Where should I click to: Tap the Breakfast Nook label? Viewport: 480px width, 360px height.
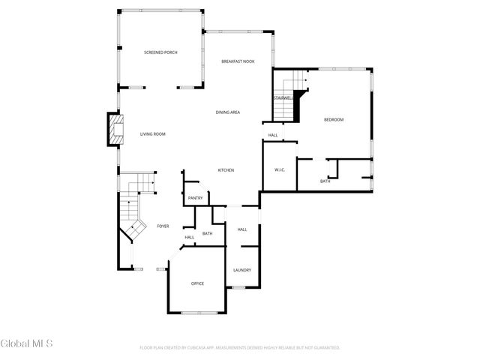(x=238, y=61)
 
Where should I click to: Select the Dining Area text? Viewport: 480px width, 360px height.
(x=227, y=112)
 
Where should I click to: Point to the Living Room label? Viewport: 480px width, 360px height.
(x=152, y=134)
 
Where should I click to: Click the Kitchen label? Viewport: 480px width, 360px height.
(x=226, y=170)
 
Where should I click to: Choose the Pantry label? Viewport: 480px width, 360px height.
(x=195, y=198)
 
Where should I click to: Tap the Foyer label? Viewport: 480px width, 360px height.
(x=163, y=226)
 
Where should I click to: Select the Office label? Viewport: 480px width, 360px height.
(x=197, y=283)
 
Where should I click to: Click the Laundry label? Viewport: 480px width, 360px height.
(x=241, y=270)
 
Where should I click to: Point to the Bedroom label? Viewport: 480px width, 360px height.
(x=334, y=120)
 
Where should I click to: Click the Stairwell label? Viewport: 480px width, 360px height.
(x=283, y=97)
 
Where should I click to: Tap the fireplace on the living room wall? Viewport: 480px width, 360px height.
(x=115, y=130)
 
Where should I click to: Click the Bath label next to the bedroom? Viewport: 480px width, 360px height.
(x=325, y=181)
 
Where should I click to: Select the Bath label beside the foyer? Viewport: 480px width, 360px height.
(x=207, y=234)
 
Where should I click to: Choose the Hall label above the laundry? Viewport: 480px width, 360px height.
(x=242, y=229)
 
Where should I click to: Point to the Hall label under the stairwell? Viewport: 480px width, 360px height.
(x=273, y=135)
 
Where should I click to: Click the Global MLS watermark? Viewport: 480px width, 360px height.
(x=26, y=343)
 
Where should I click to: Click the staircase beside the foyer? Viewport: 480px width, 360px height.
(x=135, y=206)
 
